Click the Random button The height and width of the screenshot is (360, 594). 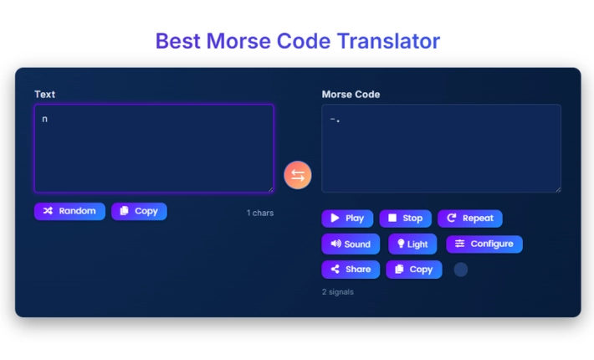click(69, 211)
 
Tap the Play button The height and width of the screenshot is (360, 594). click(347, 219)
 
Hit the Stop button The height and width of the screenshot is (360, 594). click(405, 219)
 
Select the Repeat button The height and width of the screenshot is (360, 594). click(469, 219)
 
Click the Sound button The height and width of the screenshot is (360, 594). click(351, 244)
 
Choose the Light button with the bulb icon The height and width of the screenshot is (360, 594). click(412, 244)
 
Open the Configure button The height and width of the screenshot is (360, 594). click(484, 244)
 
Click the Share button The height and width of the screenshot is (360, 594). click(351, 270)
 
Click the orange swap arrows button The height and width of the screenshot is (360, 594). click(298, 175)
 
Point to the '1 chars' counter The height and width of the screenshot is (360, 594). click(259, 213)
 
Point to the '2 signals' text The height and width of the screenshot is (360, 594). click(337, 292)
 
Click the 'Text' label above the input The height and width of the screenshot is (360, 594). click(44, 95)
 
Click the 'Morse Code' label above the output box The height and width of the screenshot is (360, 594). click(351, 95)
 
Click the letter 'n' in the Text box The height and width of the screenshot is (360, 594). click(45, 120)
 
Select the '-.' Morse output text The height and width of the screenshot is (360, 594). click(335, 120)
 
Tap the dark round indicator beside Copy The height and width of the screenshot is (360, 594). click(461, 270)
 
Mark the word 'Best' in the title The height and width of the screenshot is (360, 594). click(179, 41)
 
